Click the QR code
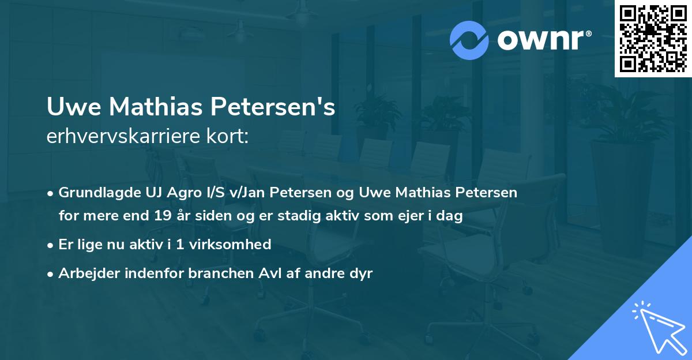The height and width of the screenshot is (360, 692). point(653,39)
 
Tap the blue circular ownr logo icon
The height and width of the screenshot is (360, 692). point(469,40)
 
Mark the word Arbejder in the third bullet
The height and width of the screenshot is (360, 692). point(86,273)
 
